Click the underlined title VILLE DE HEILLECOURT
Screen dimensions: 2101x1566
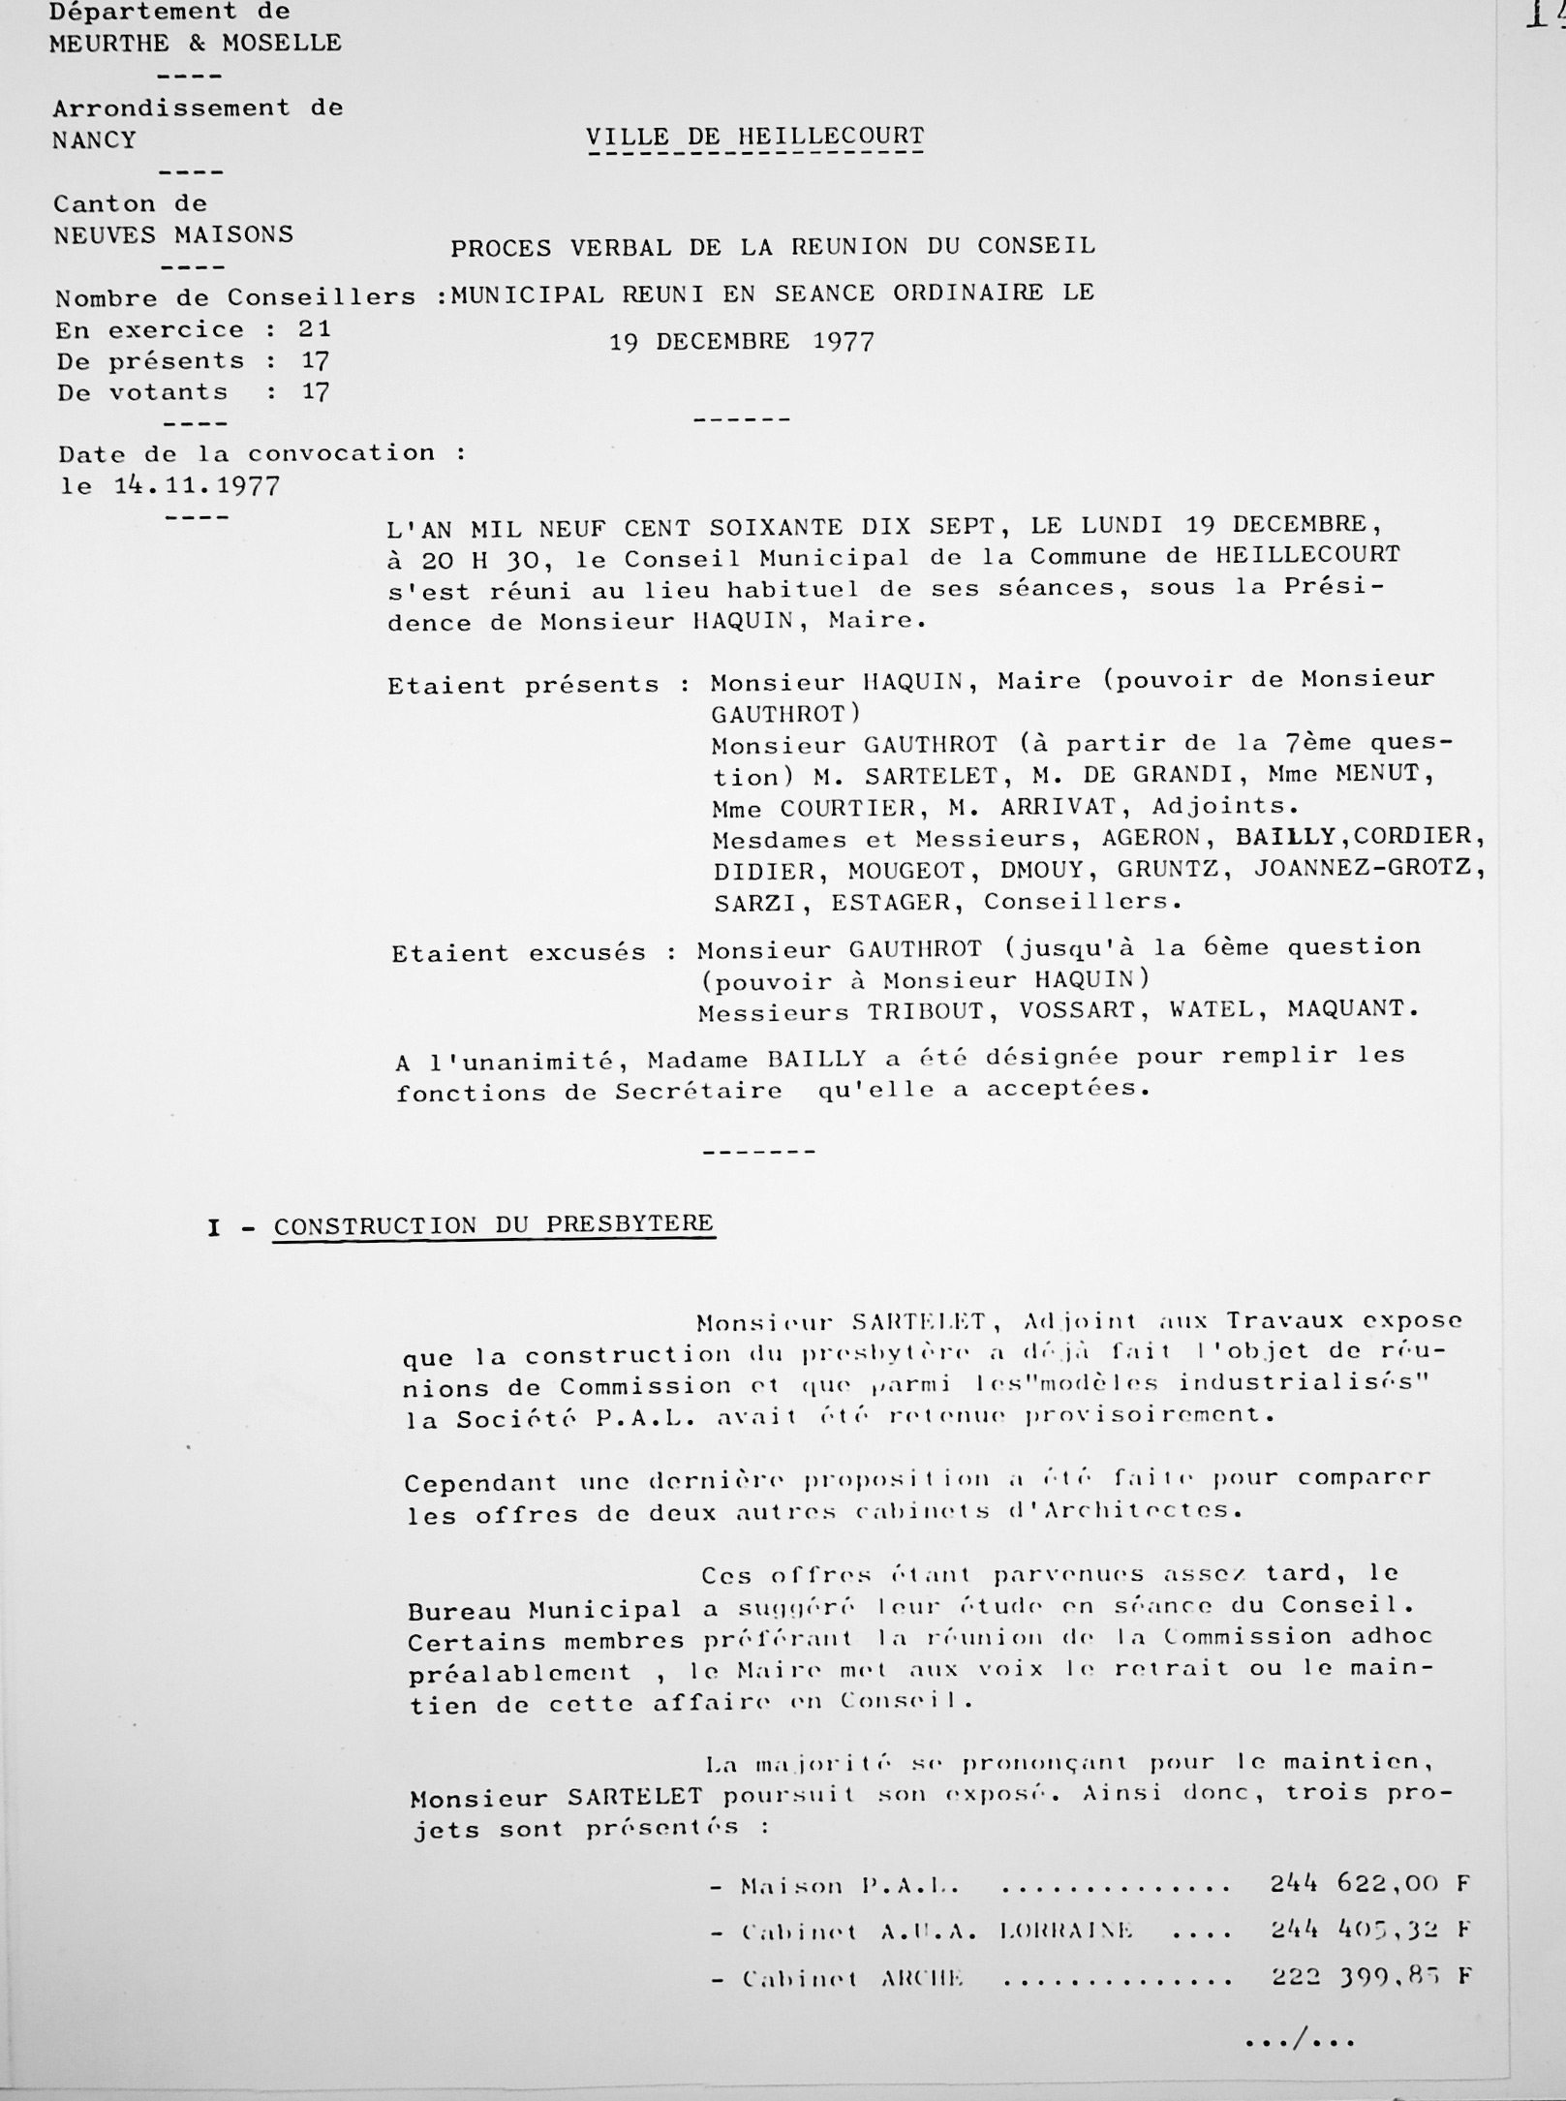tap(754, 137)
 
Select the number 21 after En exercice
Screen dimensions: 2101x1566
tap(315, 329)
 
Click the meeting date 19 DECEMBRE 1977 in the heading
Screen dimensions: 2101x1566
tap(741, 342)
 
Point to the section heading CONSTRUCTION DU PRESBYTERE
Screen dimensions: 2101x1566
tap(494, 1224)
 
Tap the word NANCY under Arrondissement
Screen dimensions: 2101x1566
tap(94, 140)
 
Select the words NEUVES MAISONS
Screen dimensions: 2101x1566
tap(173, 235)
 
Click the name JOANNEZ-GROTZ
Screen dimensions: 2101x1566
tap(1367, 867)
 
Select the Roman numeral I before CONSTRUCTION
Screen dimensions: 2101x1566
tap(214, 1228)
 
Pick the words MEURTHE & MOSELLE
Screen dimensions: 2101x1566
tap(196, 44)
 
